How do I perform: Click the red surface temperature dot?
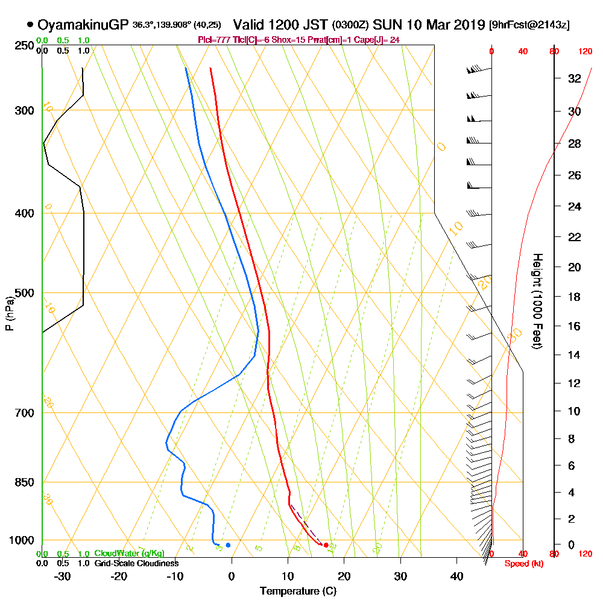[x=326, y=545]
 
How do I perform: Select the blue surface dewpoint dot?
[x=228, y=545]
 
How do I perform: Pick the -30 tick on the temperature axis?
[x=63, y=576]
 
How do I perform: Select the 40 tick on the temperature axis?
[x=456, y=576]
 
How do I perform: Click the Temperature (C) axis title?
[x=298, y=591]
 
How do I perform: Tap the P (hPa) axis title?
[x=9, y=314]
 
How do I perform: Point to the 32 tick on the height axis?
[x=574, y=78]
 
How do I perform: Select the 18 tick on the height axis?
[x=574, y=297]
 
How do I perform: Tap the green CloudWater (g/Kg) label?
[x=129, y=554]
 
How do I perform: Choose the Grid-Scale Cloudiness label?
[x=136, y=563]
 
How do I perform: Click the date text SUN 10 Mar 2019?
[x=429, y=25]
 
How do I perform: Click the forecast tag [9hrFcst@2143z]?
[x=529, y=25]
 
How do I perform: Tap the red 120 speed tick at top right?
[x=584, y=52]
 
